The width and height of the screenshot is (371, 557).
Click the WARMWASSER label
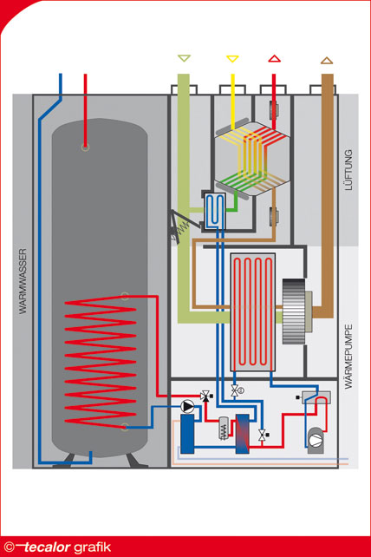click(x=23, y=281)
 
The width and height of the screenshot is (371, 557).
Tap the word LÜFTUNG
click(x=348, y=170)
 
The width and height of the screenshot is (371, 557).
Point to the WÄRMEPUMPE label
click(x=348, y=357)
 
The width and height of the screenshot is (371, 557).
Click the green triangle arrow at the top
click(x=184, y=58)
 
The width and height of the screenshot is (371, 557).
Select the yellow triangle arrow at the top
click(x=232, y=59)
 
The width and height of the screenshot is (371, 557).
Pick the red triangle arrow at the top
click(x=275, y=59)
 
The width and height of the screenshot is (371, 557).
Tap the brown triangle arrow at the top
click(x=327, y=61)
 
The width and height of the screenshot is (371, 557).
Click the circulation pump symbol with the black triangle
click(x=187, y=406)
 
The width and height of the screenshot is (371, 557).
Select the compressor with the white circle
click(x=316, y=440)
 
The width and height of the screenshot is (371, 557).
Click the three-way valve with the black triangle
click(x=205, y=396)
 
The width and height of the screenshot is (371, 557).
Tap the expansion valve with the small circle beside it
click(x=236, y=390)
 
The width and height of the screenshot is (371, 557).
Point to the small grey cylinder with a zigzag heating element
click(x=224, y=428)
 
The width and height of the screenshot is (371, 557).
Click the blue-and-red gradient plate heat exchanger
click(x=243, y=434)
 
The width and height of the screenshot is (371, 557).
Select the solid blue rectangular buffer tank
click(x=187, y=434)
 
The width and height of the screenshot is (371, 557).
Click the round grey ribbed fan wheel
click(x=294, y=311)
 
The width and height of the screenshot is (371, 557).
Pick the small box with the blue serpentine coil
click(x=215, y=211)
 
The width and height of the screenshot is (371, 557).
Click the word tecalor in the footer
click(x=47, y=547)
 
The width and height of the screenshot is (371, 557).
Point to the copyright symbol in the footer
click(x=10, y=547)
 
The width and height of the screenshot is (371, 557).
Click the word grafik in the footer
click(x=92, y=547)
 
